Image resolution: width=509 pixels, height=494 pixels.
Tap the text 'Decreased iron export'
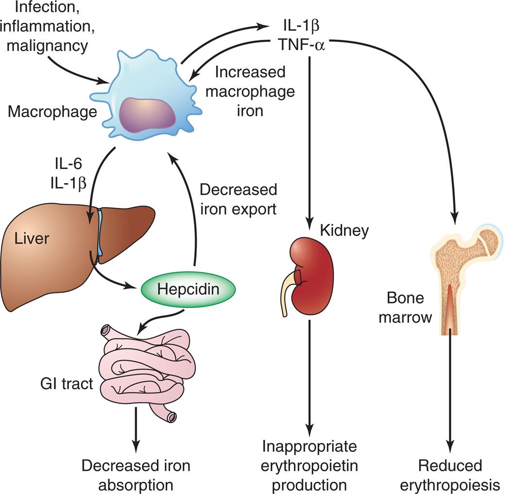[x=238, y=199]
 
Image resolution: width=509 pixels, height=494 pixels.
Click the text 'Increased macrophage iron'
[x=245, y=91]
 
